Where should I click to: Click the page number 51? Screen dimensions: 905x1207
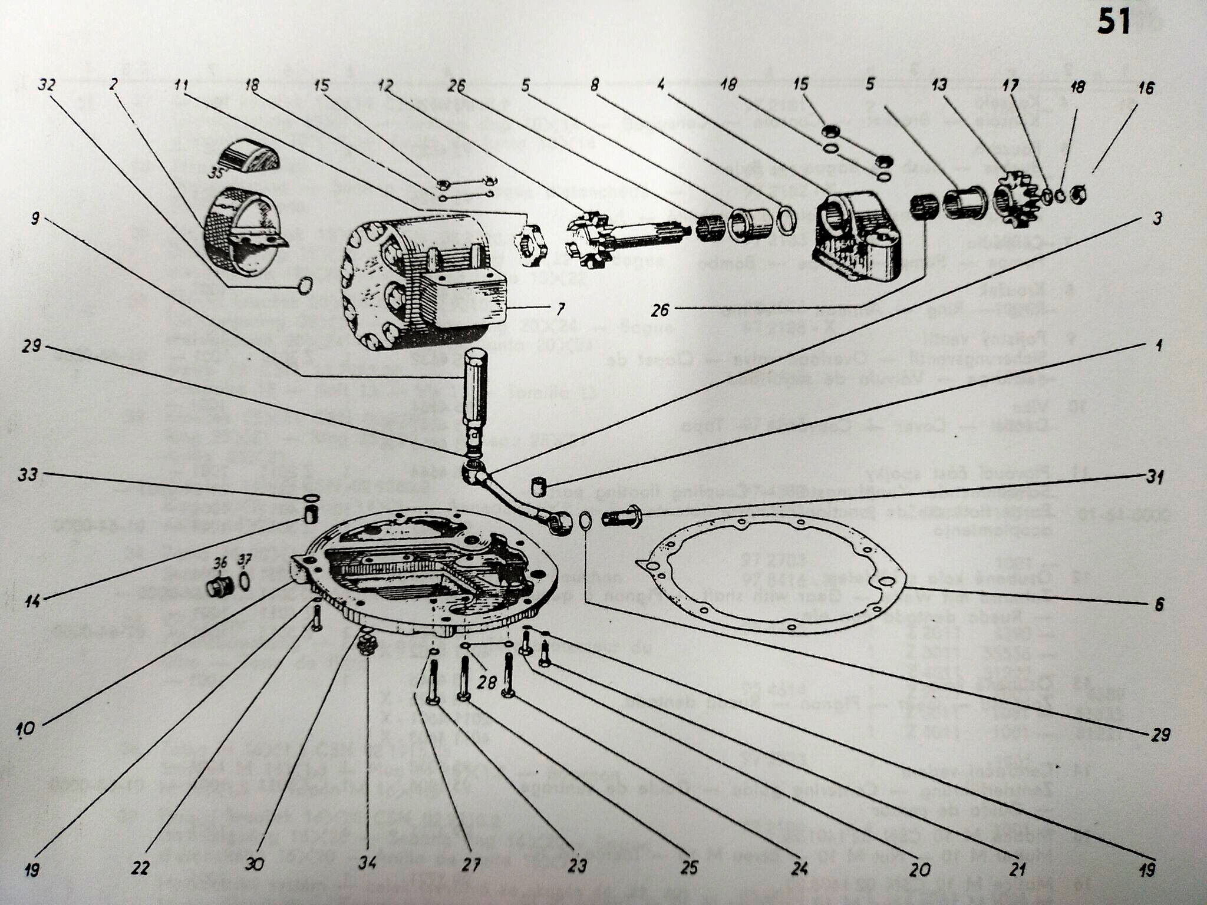[1113, 24]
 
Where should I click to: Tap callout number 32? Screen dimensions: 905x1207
[47, 85]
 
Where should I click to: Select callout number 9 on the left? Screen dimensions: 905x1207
[35, 219]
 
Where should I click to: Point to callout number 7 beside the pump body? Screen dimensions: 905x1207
[560, 308]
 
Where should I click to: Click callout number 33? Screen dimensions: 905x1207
[28, 474]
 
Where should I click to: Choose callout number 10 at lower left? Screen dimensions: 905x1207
[26, 729]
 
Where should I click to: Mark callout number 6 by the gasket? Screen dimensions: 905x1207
[1159, 605]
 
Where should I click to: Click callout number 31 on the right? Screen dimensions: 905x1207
[1155, 476]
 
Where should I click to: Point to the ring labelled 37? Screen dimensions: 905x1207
[244, 581]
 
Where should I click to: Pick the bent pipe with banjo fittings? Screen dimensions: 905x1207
[513, 498]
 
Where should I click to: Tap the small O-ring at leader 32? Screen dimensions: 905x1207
[305, 286]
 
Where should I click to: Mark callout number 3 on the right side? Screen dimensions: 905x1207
[1157, 219]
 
